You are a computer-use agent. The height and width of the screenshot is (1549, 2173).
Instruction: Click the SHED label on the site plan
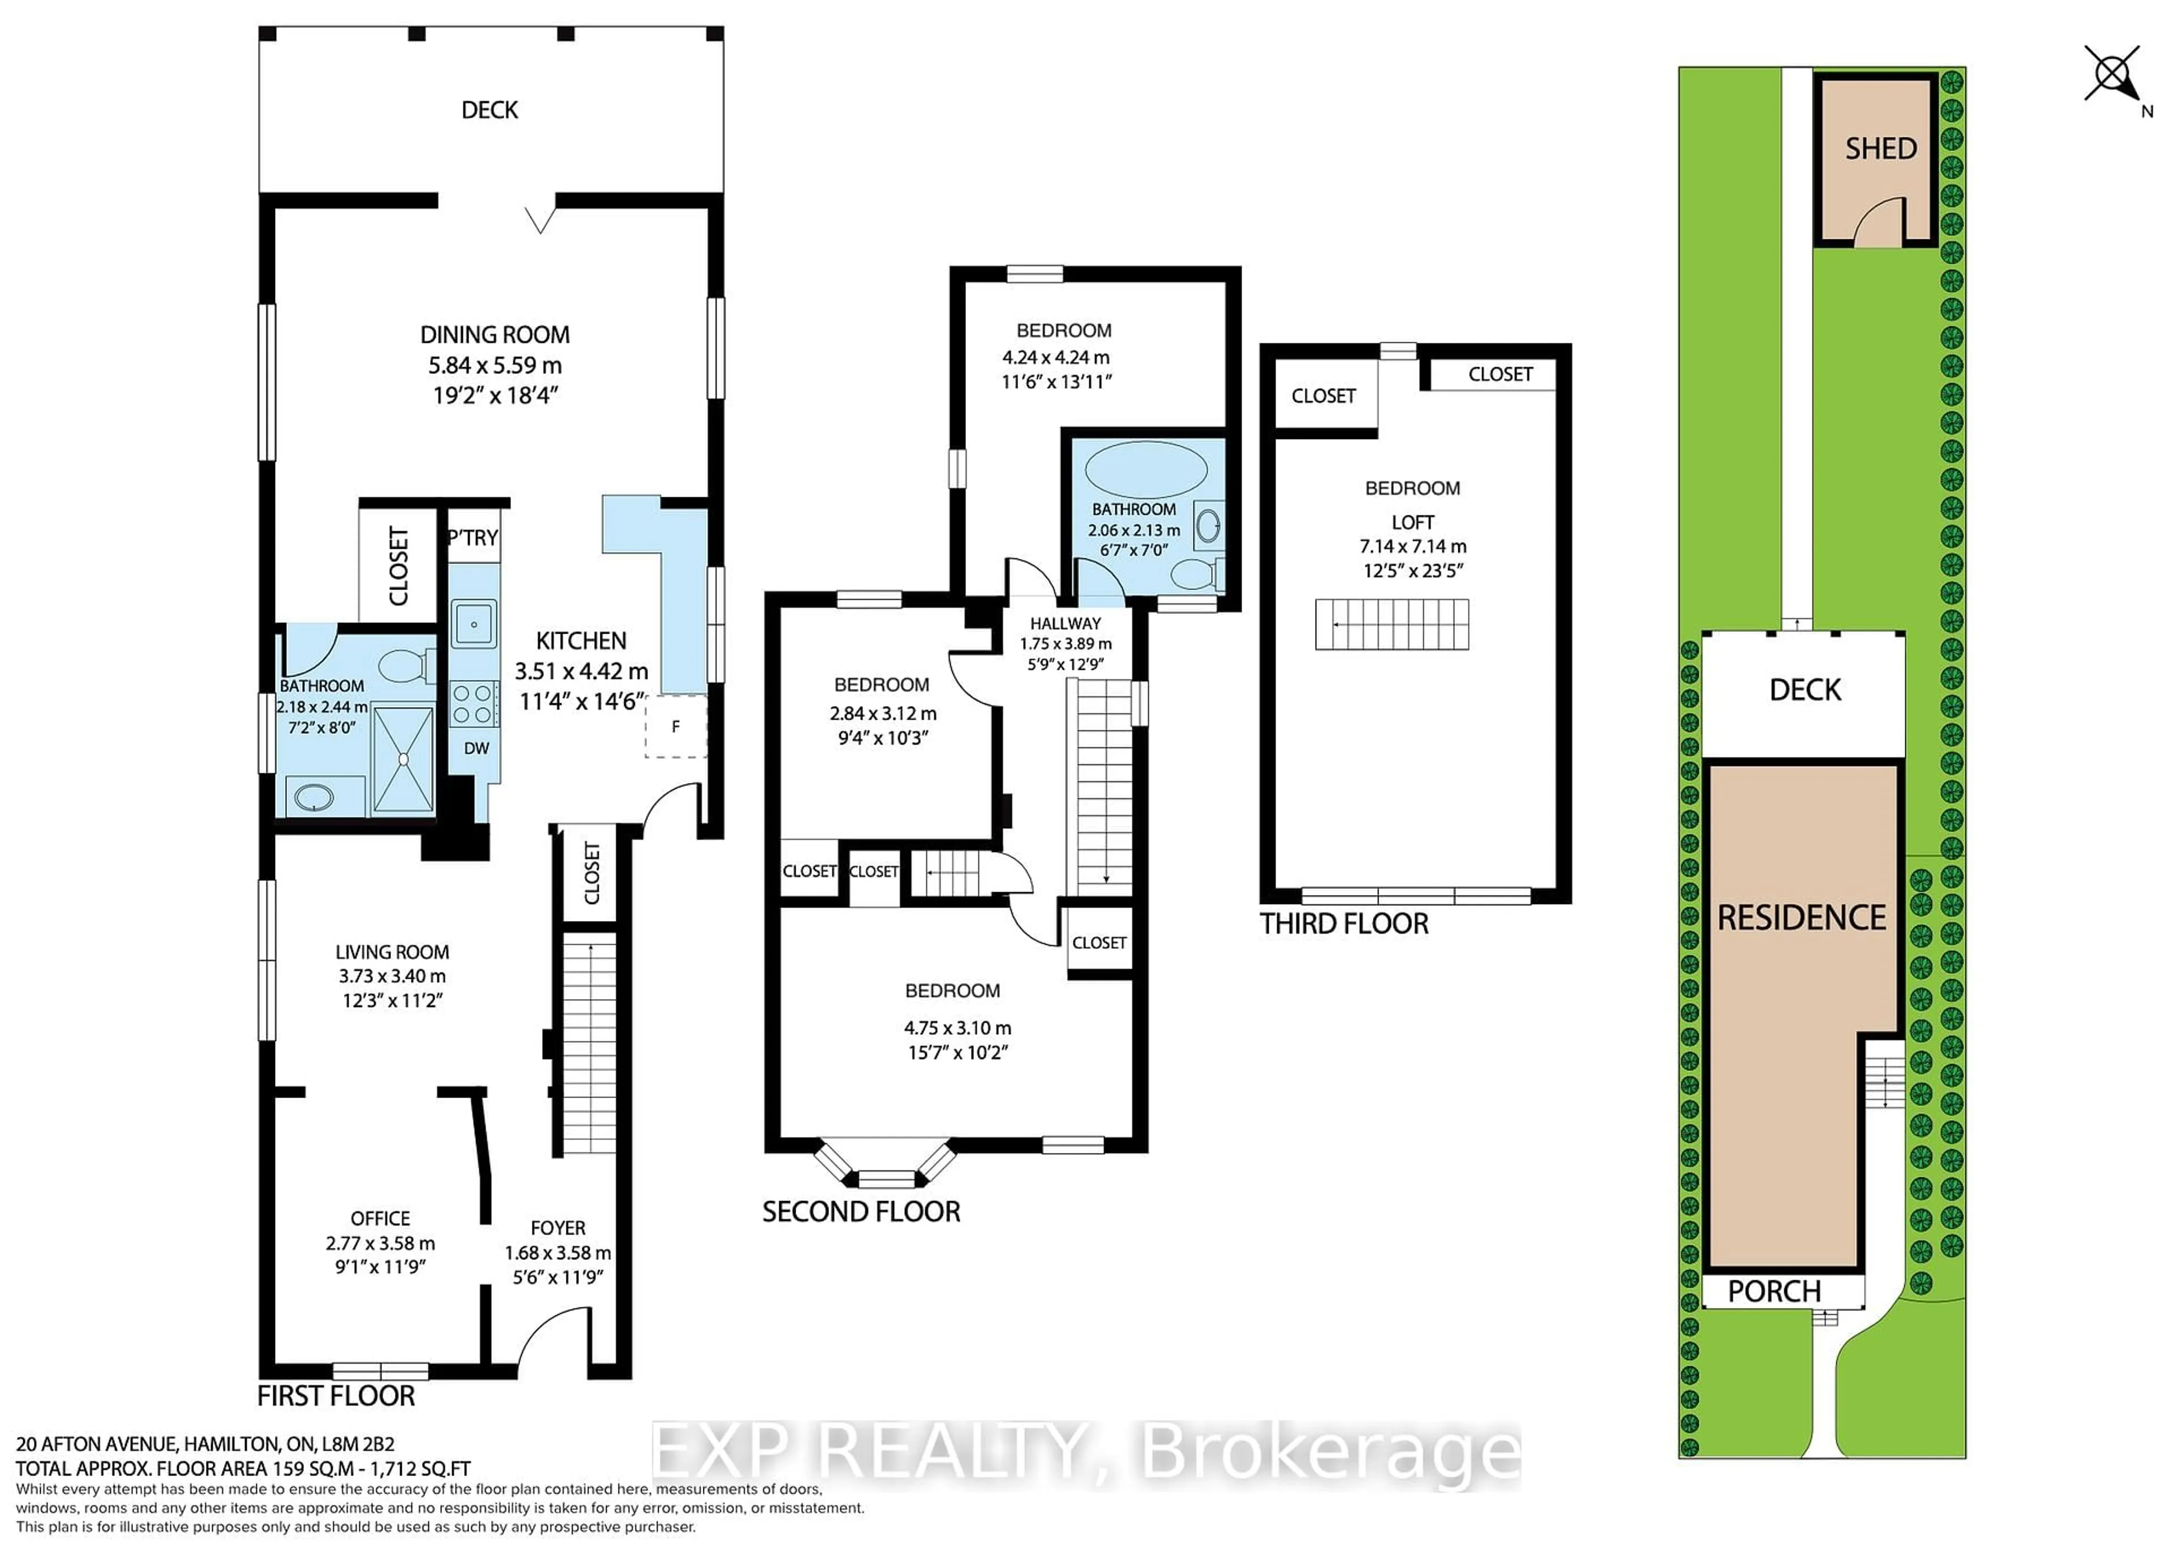1880,149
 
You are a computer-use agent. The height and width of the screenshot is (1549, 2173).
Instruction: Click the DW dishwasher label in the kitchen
476,748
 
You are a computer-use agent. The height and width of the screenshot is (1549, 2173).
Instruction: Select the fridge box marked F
675,727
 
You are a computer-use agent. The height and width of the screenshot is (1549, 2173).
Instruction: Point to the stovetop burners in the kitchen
472,704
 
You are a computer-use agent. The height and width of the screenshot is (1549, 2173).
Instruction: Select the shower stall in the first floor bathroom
402,759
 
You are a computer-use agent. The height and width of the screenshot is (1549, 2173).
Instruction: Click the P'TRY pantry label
473,538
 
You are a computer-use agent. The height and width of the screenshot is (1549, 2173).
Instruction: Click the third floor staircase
1392,625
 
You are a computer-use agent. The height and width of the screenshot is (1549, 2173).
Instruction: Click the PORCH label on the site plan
1774,1292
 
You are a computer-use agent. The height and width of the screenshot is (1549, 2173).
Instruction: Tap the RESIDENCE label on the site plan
1802,918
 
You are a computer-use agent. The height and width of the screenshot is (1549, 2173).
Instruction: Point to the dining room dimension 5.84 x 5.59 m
495,365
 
